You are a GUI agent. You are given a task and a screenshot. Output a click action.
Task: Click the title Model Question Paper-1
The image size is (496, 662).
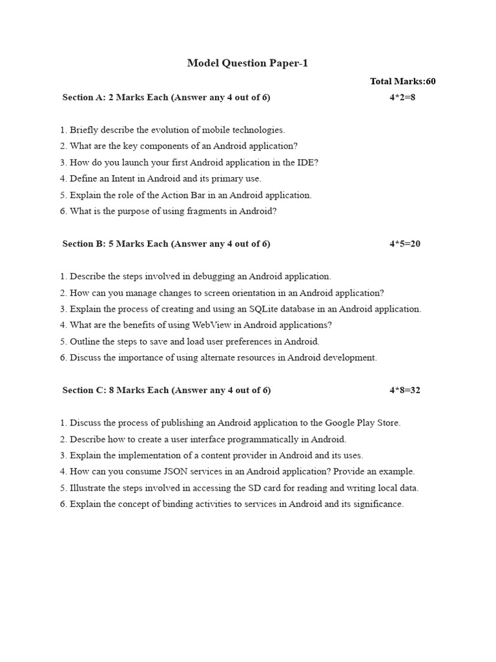[x=247, y=63]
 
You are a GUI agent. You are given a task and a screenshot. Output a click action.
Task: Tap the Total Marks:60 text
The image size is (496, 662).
[x=402, y=81]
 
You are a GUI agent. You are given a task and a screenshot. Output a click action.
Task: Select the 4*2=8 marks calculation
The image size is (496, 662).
[x=402, y=98]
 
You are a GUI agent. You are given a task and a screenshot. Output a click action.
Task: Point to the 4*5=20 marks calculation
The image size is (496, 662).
[x=405, y=244]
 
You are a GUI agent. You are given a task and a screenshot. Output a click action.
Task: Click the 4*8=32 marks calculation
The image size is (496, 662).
[x=405, y=390]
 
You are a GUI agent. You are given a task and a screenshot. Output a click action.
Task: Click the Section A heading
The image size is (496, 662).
[x=166, y=98]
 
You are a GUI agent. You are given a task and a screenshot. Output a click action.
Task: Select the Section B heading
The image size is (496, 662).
[x=166, y=244]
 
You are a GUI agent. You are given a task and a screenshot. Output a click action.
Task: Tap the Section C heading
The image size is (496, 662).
[x=166, y=390]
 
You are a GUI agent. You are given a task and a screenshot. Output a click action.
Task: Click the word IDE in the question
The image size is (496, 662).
[x=304, y=162]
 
